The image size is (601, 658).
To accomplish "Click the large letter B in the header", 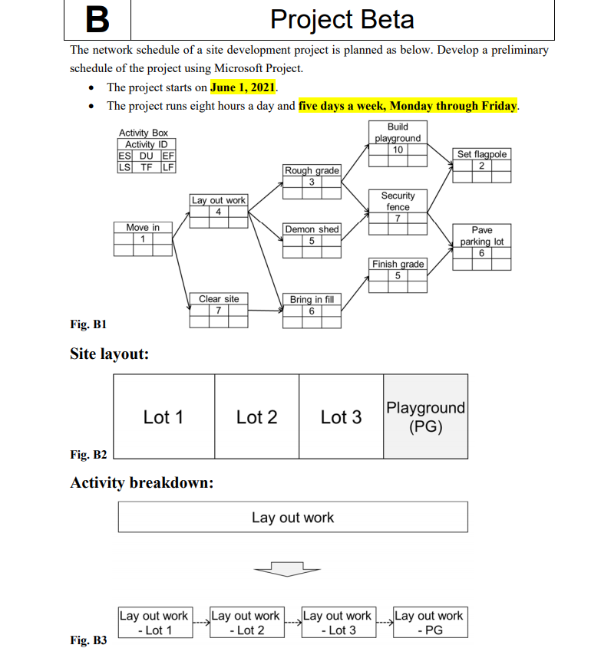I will (97, 20).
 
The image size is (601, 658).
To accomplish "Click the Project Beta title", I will (342, 20).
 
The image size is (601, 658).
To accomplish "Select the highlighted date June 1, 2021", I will (243, 87).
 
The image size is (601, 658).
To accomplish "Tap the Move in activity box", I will (143, 239).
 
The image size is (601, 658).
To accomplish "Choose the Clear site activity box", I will (219, 310).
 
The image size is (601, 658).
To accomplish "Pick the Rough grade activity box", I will (312, 181).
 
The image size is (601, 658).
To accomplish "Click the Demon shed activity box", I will (312, 240).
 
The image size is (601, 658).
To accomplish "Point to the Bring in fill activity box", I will (312, 311).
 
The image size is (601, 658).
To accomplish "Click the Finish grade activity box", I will (398, 275).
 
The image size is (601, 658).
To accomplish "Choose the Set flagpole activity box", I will (482, 165).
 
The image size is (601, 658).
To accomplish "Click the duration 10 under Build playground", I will (398, 150).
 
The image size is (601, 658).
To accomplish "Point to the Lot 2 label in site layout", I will (256, 417).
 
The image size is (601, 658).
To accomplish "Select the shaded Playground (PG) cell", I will (425, 416).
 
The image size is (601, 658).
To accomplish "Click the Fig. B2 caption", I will (88, 455).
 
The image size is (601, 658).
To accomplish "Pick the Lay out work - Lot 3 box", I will (338, 623).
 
